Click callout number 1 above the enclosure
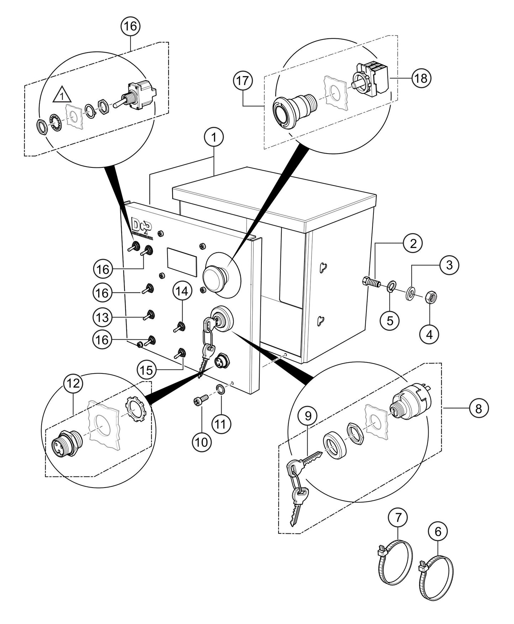pyautogui.click(x=213, y=137)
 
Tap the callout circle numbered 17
pyautogui.click(x=243, y=80)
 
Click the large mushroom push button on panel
pyautogui.click(x=214, y=275)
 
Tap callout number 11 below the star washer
pyautogui.click(x=221, y=424)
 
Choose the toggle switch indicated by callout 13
pyautogui.click(x=149, y=315)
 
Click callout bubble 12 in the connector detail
pyautogui.click(x=73, y=383)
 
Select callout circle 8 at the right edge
pyautogui.click(x=478, y=408)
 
